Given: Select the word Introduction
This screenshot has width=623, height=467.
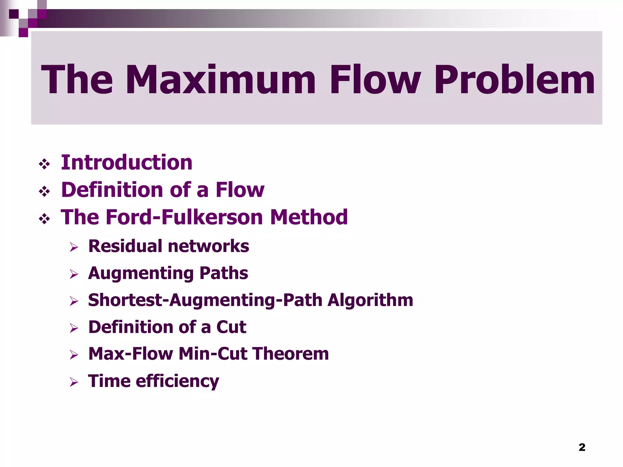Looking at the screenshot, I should coord(127,162).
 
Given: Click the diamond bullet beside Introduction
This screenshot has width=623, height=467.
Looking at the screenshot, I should coord(44,164).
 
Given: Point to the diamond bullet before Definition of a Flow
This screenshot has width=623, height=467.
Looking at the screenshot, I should coord(44,192).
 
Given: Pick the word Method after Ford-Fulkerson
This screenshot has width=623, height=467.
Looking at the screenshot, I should coord(309,217).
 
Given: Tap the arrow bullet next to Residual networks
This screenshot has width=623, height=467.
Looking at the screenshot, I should coord(74,247).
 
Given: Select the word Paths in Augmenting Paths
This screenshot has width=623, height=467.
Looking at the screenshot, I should coord(224,273).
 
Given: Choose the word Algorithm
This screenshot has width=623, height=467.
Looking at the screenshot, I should coord(370,300).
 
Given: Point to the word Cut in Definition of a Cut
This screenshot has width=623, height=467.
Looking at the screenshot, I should coord(231,327).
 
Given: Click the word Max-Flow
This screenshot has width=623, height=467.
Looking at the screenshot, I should coord(131,354).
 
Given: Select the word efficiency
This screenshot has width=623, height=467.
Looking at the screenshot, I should coord(177,381).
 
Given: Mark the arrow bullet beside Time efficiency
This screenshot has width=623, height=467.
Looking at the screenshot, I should coord(74,382).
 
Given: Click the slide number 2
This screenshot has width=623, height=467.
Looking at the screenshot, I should coord(582,447).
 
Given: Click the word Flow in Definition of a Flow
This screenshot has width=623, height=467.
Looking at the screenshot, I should coord(240,190).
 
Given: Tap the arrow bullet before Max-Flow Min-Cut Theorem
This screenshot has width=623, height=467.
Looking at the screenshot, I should coord(74,355).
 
